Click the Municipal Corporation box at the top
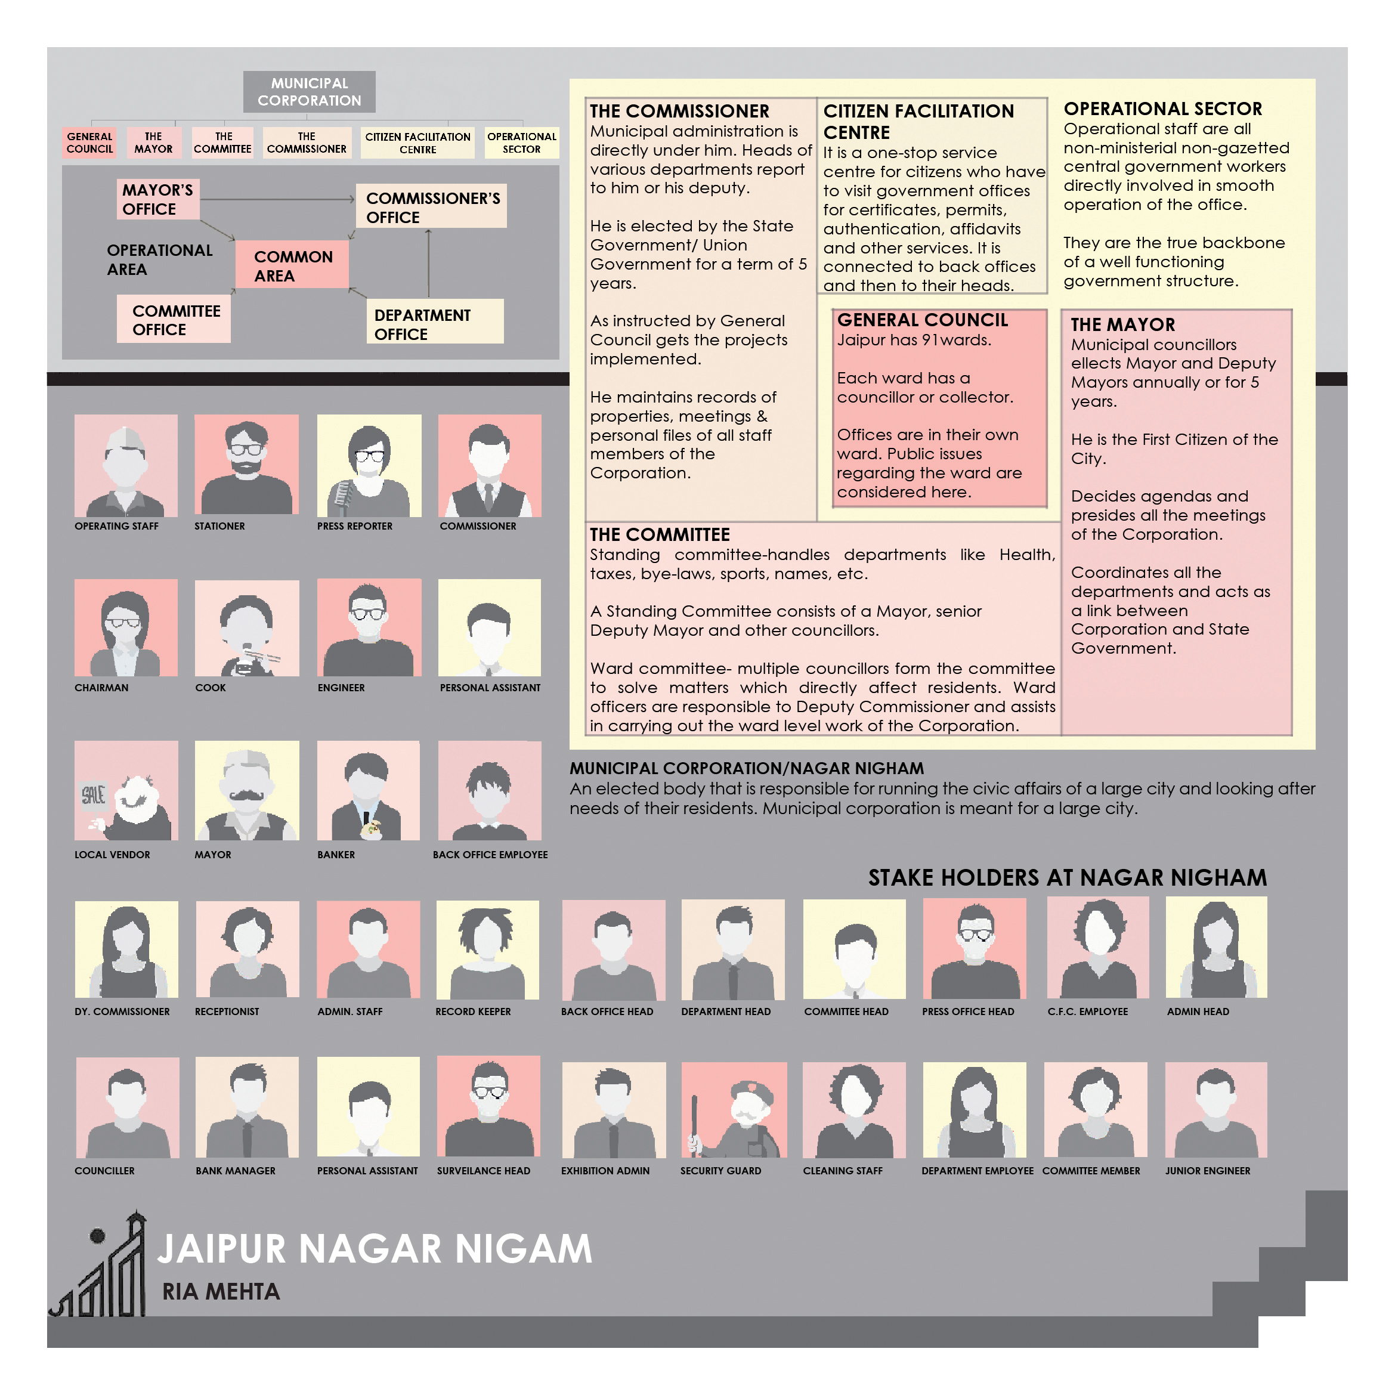point(309,92)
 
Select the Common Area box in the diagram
point(292,265)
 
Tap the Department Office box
point(435,321)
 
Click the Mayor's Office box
point(157,199)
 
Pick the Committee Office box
point(174,320)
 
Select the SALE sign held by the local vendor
point(94,796)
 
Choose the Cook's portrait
point(247,628)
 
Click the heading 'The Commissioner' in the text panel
point(679,111)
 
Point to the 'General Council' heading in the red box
point(922,320)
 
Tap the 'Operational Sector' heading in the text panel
point(1162,109)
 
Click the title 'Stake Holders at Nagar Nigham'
point(1067,877)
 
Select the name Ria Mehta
point(221,1292)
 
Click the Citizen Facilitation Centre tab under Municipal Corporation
point(417,143)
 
